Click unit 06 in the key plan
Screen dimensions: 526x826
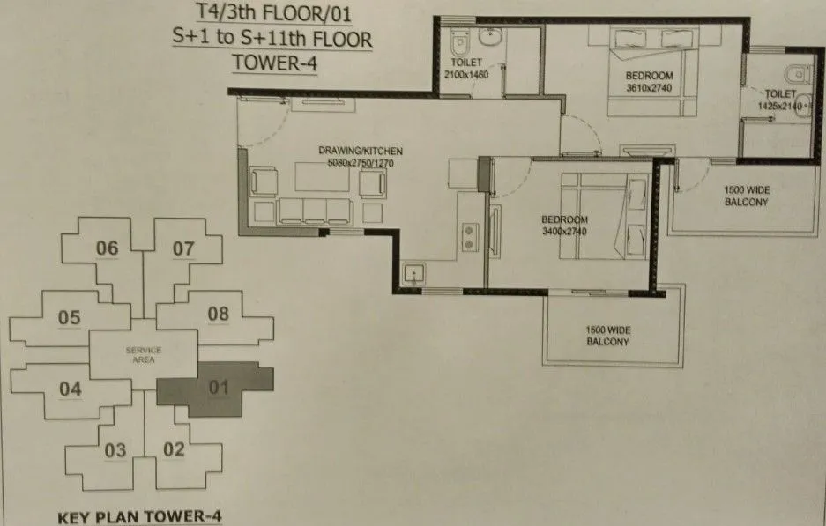point(108,248)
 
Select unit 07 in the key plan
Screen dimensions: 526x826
point(183,248)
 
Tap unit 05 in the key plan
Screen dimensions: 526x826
point(70,316)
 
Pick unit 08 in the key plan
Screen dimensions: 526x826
point(218,313)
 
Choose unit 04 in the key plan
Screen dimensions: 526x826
point(71,388)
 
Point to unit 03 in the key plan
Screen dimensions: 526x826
point(115,451)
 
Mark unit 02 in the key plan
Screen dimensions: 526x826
point(174,449)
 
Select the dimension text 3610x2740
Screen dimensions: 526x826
point(649,89)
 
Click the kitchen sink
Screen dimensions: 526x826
point(413,275)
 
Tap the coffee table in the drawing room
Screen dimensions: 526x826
point(319,179)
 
